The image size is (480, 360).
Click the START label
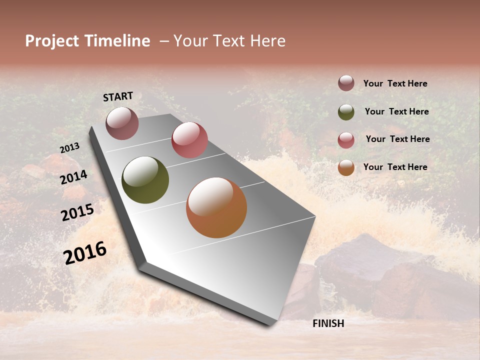(x=118, y=96)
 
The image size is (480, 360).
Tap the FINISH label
(x=328, y=323)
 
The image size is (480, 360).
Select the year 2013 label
(x=70, y=147)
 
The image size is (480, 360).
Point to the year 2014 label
(x=74, y=177)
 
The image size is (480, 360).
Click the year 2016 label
(x=85, y=252)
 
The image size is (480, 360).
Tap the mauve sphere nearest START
(x=122, y=123)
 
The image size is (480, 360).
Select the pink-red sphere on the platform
(x=189, y=140)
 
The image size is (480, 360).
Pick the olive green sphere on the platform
(x=145, y=180)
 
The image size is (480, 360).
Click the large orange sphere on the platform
(x=216, y=207)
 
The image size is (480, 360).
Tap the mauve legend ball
(x=346, y=83)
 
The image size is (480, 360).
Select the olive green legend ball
(x=346, y=112)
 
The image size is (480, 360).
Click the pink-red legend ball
(x=346, y=140)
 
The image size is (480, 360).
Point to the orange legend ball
(x=346, y=168)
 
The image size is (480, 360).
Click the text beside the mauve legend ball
(x=395, y=84)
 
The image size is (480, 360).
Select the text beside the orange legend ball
(x=395, y=167)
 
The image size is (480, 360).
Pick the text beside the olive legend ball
(x=396, y=111)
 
